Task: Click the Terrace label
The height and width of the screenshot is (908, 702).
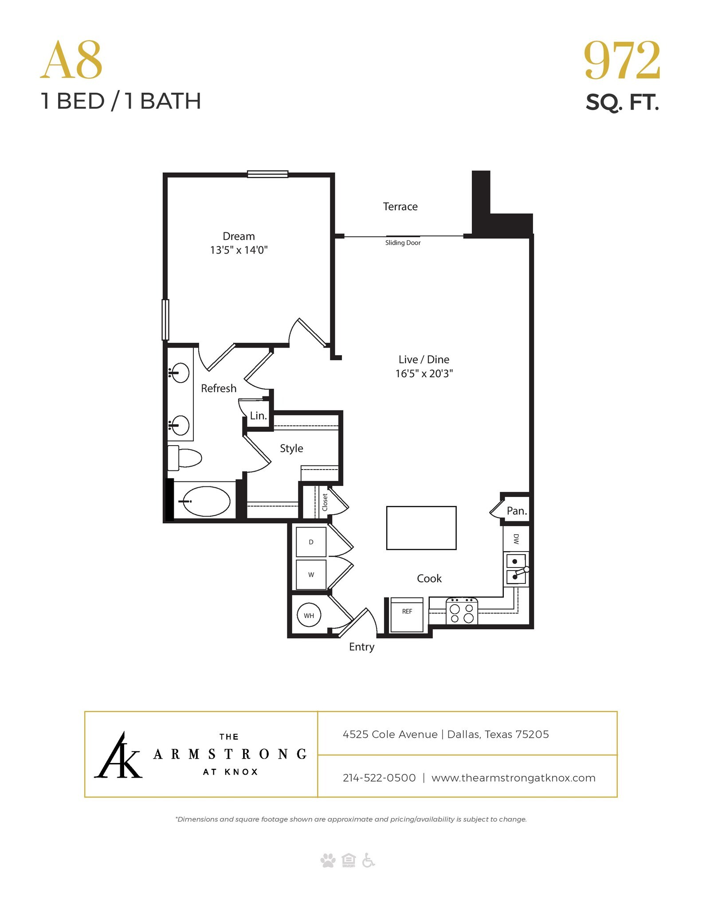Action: [x=400, y=207]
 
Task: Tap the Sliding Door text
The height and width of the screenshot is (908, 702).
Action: [x=403, y=243]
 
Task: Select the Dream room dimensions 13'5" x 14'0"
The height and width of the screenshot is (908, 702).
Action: [x=239, y=250]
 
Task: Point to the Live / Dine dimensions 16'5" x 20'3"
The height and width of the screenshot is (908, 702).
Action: [x=424, y=374]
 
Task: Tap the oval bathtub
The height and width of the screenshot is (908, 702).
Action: [x=206, y=501]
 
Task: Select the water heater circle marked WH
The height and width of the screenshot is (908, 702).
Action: [x=309, y=615]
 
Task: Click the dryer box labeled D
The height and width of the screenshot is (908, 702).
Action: [x=311, y=542]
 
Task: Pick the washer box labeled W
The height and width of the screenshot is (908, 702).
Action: [x=311, y=575]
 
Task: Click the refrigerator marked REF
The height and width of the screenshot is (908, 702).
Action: [x=407, y=614]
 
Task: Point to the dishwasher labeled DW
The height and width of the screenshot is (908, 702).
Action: [x=516, y=538]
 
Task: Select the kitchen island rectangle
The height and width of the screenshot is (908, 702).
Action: [x=421, y=528]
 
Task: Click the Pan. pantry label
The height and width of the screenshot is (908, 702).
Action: [x=517, y=511]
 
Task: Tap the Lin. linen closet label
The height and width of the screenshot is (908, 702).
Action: [x=258, y=416]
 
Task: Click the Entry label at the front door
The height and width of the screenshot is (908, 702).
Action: [x=361, y=647]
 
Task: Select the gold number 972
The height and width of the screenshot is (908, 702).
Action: [x=622, y=61]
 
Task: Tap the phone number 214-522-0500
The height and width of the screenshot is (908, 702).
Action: [x=379, y=778]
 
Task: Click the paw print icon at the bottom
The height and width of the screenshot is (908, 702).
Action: [x=328, y=861]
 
